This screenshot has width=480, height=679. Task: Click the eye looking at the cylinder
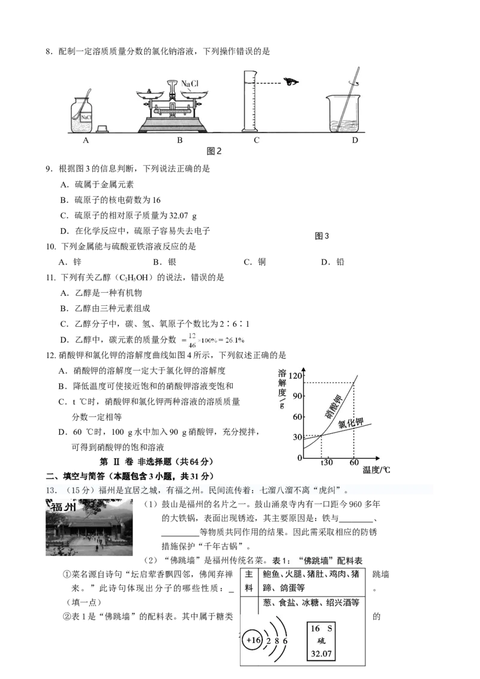point(292,82)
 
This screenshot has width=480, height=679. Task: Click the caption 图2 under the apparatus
point(214,152)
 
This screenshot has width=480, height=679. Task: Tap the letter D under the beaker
point(355,140)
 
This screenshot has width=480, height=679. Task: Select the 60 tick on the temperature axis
point(354,463)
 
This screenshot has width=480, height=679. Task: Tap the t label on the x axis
point(322,463)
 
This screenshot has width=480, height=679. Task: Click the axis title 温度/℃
point(376,470)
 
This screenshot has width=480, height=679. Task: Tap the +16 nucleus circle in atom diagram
point(253,641)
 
